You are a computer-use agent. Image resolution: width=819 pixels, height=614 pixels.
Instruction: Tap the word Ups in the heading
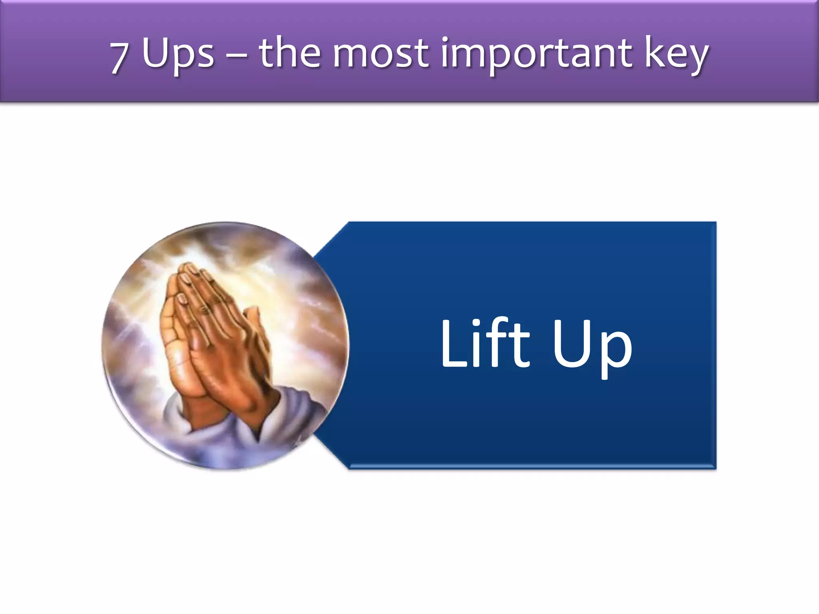tap(178, 54)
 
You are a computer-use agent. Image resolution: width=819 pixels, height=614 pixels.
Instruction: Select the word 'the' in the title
tap(290, 52)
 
